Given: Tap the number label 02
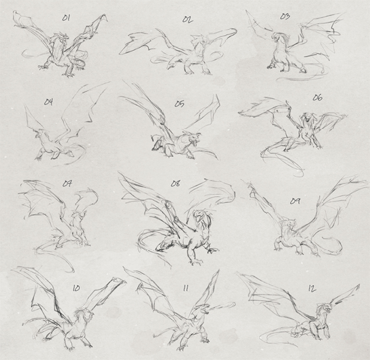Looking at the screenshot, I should click(x=187, y=19).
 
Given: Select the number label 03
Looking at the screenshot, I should click(x=284, y=16).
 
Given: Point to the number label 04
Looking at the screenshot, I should click(x=48, y=102).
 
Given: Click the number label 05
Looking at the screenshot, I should click(x=179, y=104).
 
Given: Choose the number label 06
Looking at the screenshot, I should click(x=317, y=97).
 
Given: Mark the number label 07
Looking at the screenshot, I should click(x=67, y=184).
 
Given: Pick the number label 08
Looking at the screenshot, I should click(x=176, y=184).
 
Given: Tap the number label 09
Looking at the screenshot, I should click(x=295, y=200).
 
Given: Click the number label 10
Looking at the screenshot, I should click(x=76, y=286).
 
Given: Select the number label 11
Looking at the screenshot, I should click(x=186, y=288).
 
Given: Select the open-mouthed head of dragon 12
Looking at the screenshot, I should click(x=327, y=314).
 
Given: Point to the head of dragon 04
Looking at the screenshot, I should click(x=39, y=135).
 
